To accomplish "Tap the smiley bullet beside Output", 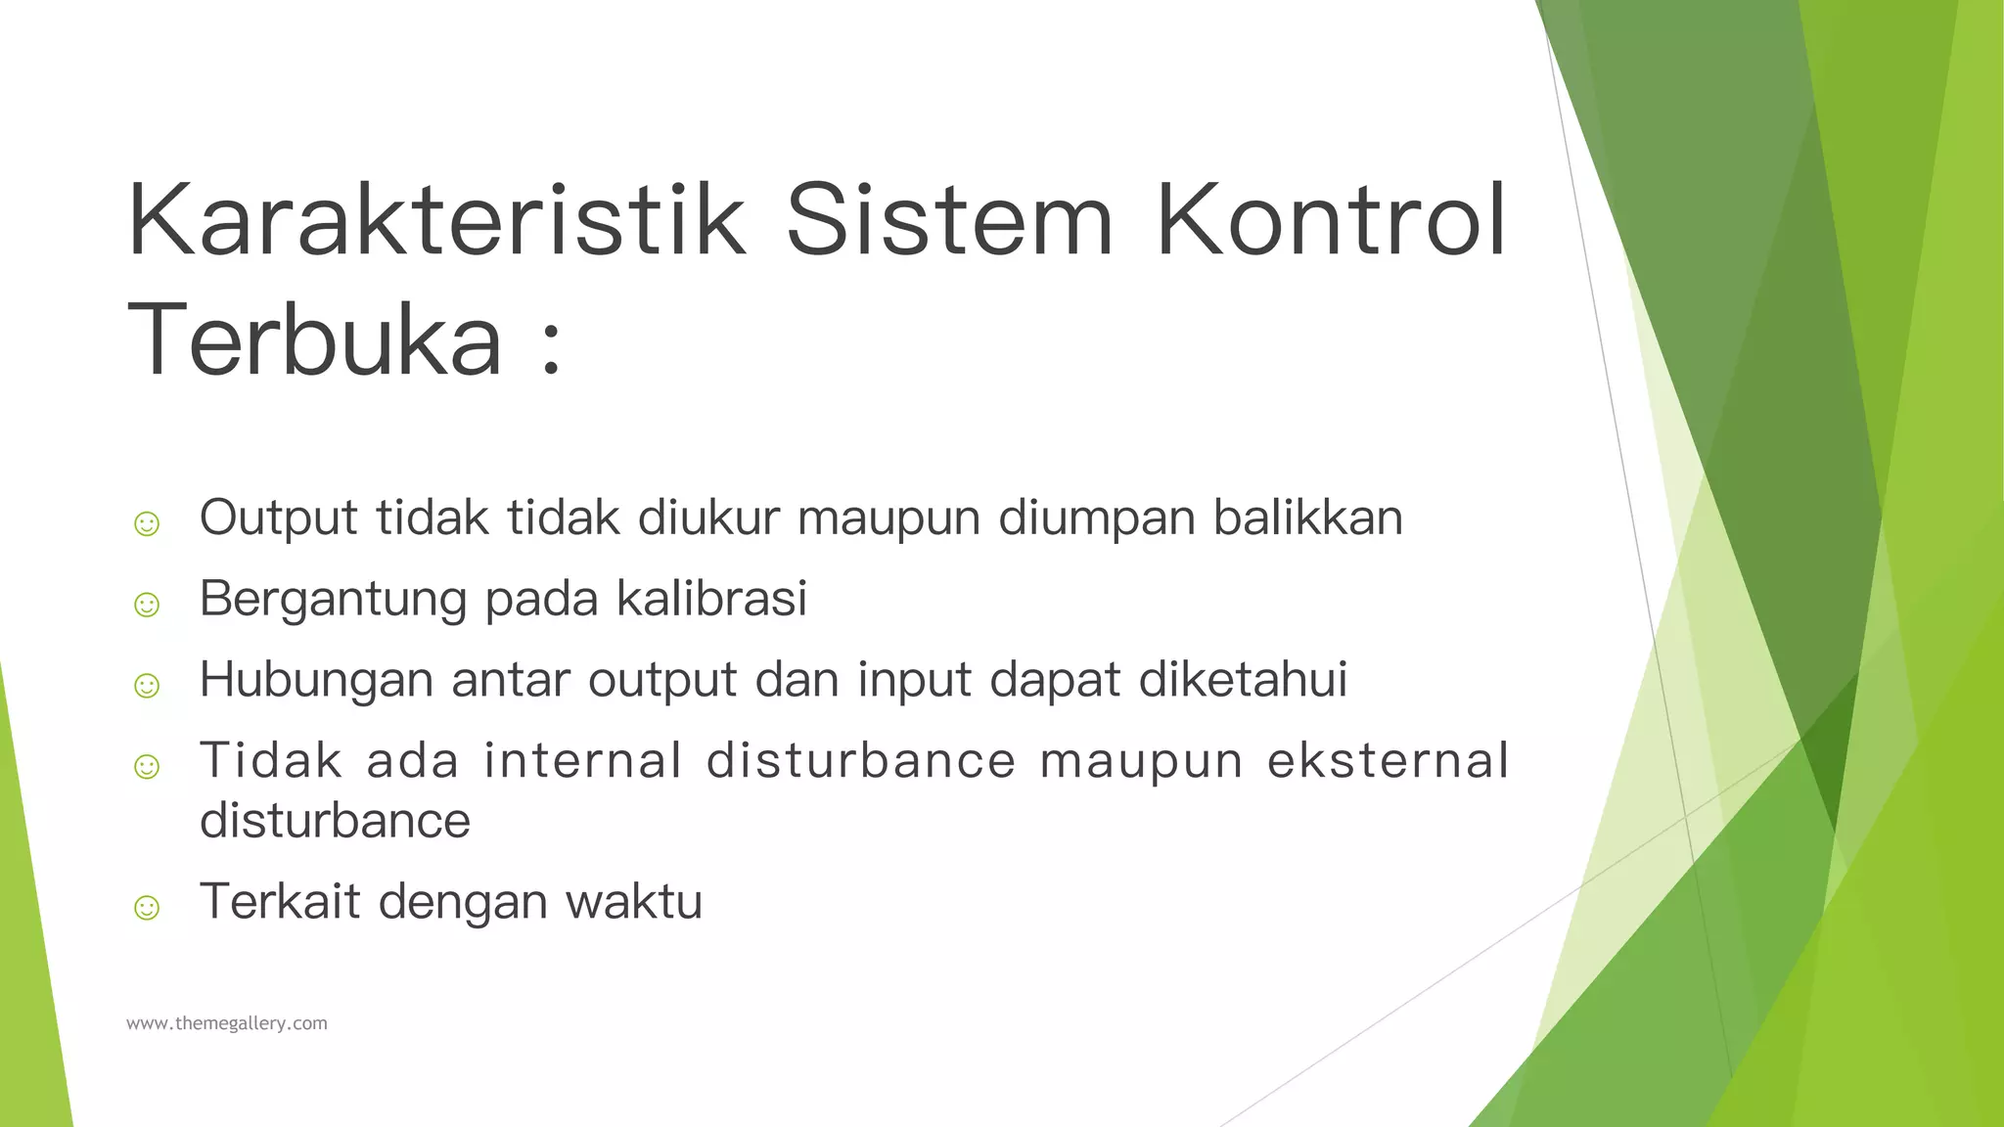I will [x=147, y=523].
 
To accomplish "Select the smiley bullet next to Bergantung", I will [x=147, y=604].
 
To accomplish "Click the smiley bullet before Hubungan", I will [x=147, y=685].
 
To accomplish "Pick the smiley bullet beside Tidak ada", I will [x=147, y=765].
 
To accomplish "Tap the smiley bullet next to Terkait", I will [x=147, y=907].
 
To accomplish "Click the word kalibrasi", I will [x=711, y=598].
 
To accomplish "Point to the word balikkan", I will [x=1308, y=518].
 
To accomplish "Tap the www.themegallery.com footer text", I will [x=227, y=1023].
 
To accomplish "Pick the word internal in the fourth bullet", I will [x=583, y=760].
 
